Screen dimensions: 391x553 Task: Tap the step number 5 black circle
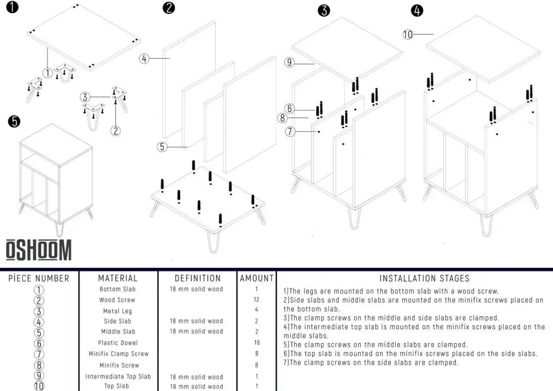tap(14, 121)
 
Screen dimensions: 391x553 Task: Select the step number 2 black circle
tap(168, 8)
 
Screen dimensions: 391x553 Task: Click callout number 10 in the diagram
tap(408, 35)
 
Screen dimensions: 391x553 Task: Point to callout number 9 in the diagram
tap(289, 63)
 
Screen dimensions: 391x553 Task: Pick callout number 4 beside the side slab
tap(144, 58)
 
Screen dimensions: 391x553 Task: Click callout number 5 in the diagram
tap(162, 147)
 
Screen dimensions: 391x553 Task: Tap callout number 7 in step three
tap(290, 132)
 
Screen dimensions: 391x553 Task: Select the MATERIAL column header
tap(118, 278)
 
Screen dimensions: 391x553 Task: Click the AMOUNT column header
tap(257, 278)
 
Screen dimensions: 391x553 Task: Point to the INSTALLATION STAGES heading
tap(424, 279)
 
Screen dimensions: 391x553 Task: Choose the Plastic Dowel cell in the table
tap(118, 343)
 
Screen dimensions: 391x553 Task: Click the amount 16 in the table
tap(257, 343)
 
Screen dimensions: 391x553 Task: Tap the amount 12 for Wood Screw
tap(257, 300)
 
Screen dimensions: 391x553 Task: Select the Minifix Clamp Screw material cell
tap(118, 354)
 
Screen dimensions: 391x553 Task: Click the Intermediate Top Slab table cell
tap(118, 377)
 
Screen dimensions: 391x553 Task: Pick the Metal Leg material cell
tap(118, 311)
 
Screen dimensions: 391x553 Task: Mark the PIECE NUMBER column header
tap(39, 279)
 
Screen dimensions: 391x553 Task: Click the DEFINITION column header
tap(198, 278)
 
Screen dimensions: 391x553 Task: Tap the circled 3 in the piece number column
tap(39, 312)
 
